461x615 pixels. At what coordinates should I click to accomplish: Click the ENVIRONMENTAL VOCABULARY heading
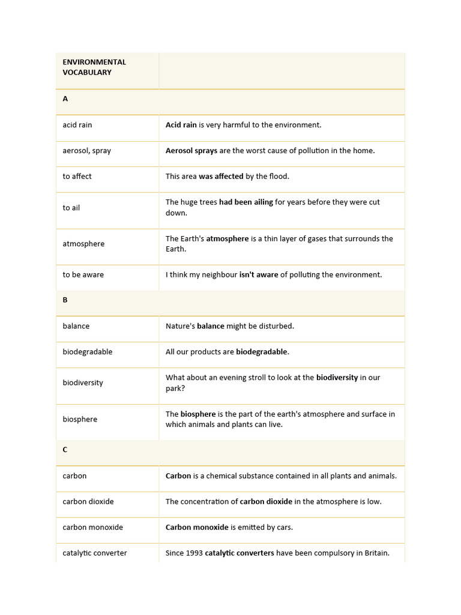pos(94,67)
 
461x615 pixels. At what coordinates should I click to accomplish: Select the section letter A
pos(65,98)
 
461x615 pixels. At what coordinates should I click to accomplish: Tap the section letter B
pos(65,300)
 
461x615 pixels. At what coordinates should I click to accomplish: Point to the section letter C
pos(65,449)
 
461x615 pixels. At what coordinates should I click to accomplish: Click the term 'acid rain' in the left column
pos(77,125)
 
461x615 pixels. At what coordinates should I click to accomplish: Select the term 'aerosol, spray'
pos(86,151)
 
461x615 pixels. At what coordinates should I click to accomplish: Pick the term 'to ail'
pos(71,208)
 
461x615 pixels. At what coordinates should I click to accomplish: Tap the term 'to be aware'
pos(83,274)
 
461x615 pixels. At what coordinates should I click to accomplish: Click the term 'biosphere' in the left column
pos(80,419)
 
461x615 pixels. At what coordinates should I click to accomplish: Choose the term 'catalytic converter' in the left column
pos(95,553)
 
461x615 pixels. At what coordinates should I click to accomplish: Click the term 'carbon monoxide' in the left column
pos(92,527)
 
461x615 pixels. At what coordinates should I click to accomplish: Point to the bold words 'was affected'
pos(221,177)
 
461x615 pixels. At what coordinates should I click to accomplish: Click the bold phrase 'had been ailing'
pos(246,202)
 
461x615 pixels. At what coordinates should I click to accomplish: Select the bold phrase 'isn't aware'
pos(259,274)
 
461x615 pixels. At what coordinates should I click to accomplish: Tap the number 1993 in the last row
pos(194,553)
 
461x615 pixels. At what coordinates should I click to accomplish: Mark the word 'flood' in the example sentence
pos(278,177)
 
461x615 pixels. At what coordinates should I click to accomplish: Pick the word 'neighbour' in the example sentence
pos(217,274)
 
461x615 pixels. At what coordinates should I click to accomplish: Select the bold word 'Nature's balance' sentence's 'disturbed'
pos(276,326)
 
